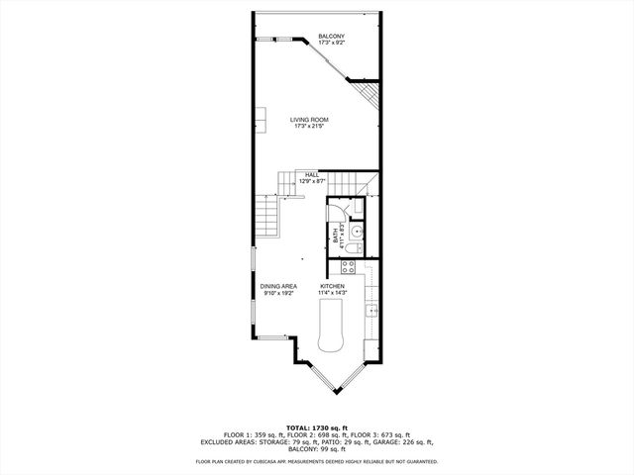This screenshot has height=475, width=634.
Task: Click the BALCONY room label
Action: click(332, 37)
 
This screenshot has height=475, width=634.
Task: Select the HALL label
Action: click(311, 174)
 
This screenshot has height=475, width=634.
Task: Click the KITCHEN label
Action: click(332, 286)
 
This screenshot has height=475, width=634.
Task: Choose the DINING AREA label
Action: click(279, 286)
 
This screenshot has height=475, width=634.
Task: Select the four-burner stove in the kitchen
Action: click(349, 265)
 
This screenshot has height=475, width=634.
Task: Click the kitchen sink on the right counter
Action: click(371, 311)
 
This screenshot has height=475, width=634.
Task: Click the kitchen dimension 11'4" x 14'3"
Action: click(332, 293)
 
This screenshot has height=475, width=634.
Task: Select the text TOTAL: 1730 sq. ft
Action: click(317, 427)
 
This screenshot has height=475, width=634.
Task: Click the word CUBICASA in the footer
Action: click(265, 462)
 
